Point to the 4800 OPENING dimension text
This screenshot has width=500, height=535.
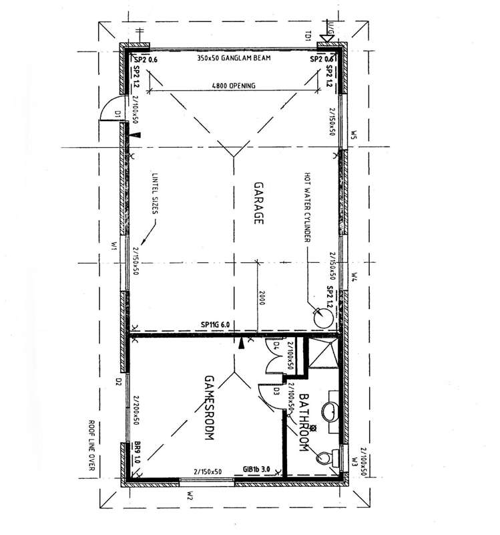click(x=233, y=85)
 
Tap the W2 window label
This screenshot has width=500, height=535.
click(x=190, y=496)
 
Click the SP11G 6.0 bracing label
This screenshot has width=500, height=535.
click(x=215, y=325)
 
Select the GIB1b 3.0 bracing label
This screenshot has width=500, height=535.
click(x=256, y=471)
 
